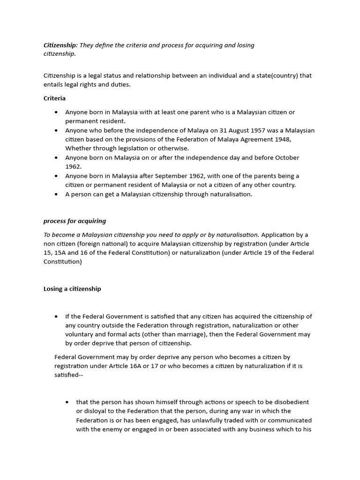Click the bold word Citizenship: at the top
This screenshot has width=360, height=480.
[60, 45]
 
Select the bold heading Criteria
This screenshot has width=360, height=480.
[54, 98]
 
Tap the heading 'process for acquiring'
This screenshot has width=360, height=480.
[75, 221]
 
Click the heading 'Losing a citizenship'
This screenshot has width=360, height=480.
[72, 289]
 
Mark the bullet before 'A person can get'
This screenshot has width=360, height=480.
[57, 194]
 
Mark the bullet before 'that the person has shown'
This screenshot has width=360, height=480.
[68, 402]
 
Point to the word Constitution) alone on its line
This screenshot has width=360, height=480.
[62, 262]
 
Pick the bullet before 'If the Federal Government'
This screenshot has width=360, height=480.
[57, 316]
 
